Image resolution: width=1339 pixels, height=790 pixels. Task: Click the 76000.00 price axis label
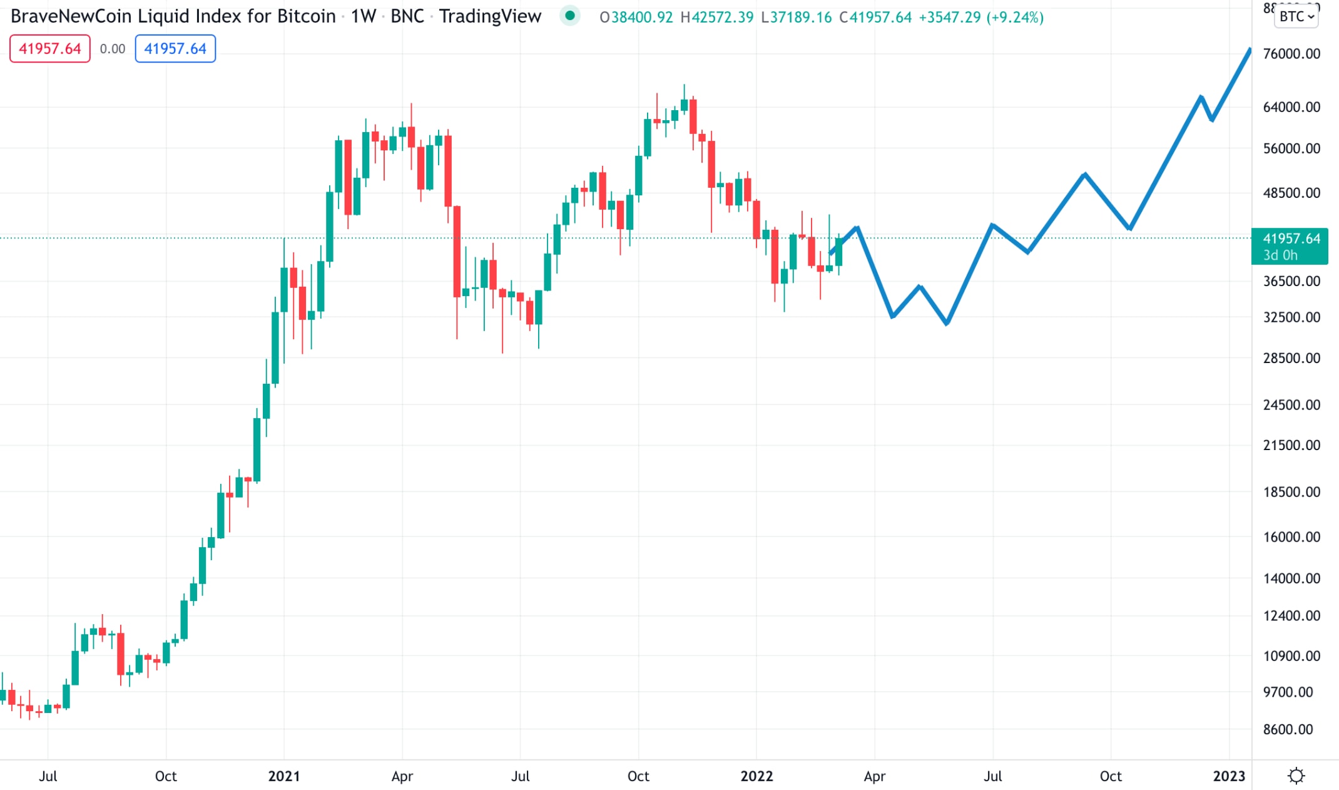click(1291, 54)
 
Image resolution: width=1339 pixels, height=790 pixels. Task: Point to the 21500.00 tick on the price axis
click(1291, 445)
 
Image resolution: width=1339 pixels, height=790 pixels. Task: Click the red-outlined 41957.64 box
click(50, 49)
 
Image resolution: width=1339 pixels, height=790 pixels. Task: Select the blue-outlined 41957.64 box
click(175, 49)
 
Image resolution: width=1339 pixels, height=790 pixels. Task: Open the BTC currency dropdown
click(1296, 16)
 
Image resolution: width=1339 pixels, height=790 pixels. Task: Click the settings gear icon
click(1296, 776)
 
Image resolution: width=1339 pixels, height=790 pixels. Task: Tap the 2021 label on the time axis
click(284, 776)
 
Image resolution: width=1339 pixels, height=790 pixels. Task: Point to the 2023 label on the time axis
click(1229, 776)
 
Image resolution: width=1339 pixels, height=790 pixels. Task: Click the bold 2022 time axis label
click(756, 776)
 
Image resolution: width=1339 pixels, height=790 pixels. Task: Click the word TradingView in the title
click(490, 16)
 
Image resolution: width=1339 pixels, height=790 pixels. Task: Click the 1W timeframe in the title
click(363, 16)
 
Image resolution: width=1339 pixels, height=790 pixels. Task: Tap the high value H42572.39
click(717, 17)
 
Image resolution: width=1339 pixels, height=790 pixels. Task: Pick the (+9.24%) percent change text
click(1015, 17)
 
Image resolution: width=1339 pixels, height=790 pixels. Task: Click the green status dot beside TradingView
click(569, 16)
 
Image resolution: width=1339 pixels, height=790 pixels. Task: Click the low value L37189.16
click(797, 17)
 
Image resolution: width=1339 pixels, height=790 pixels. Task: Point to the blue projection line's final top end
click(1250, 49)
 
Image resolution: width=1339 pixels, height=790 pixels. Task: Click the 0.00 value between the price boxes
click(113, 49)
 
